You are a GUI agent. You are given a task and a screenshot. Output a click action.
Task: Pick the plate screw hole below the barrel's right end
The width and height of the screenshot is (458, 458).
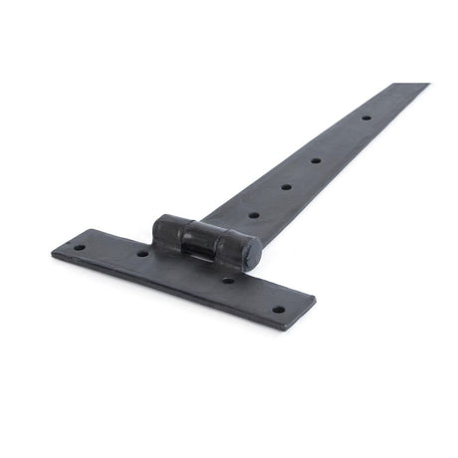click(x=228, y=280)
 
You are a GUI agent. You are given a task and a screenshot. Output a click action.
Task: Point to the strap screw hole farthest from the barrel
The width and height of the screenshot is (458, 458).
click(x=365, y=117)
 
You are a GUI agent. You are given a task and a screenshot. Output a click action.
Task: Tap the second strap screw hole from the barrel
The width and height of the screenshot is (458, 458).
click(x=286, y=186)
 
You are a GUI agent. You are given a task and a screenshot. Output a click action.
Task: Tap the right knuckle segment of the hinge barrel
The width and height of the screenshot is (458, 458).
click(x=239, y=249)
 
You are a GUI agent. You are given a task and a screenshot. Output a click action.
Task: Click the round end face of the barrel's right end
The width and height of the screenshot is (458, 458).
click(x=253, y=253)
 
